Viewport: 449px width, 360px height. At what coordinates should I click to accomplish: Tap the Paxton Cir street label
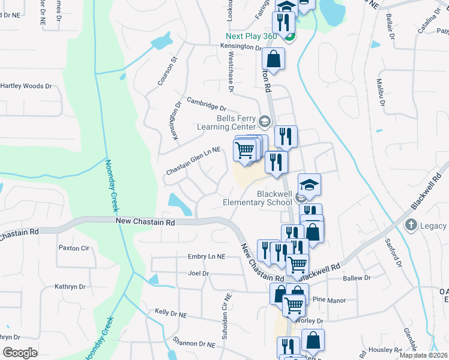(x=73, y=247)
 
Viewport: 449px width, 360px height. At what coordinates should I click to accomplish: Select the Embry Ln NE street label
(x=206, y=256)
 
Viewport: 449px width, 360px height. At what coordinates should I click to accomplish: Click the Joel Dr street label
(x=198, y=274)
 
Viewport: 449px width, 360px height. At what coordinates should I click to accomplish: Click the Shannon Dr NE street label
(x=193, y=344)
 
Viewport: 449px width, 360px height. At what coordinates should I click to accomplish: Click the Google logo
(x=20, y=353)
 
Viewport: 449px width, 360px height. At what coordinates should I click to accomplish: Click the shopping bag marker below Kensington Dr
(x=273, y=59)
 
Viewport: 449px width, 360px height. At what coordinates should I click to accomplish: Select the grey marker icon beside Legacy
(x=411, y=226)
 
